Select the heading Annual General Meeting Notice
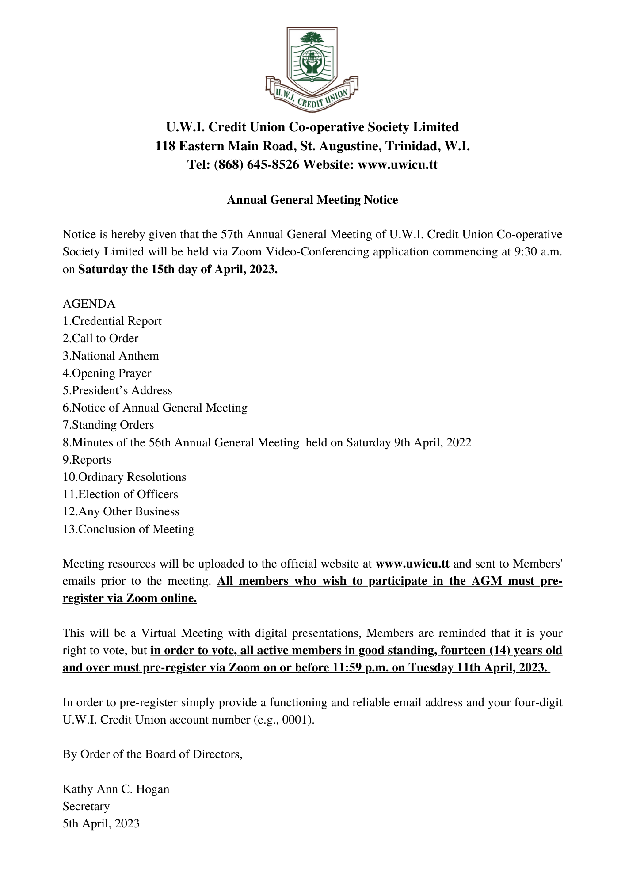tap(312, 200)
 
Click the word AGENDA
tap(89, 304)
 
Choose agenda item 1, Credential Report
tap(112, 321)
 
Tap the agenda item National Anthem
tap(111, 356)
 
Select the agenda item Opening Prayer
tap(107, 373)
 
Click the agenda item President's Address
tap(117, 391)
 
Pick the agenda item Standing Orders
tap(108, 425)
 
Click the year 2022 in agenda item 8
tap(458, 442)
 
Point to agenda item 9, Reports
tap(87, 460)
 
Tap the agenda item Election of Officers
tap(120, 495)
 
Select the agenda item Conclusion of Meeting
tap(128, 530)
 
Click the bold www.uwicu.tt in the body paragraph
tap(412, 564)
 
